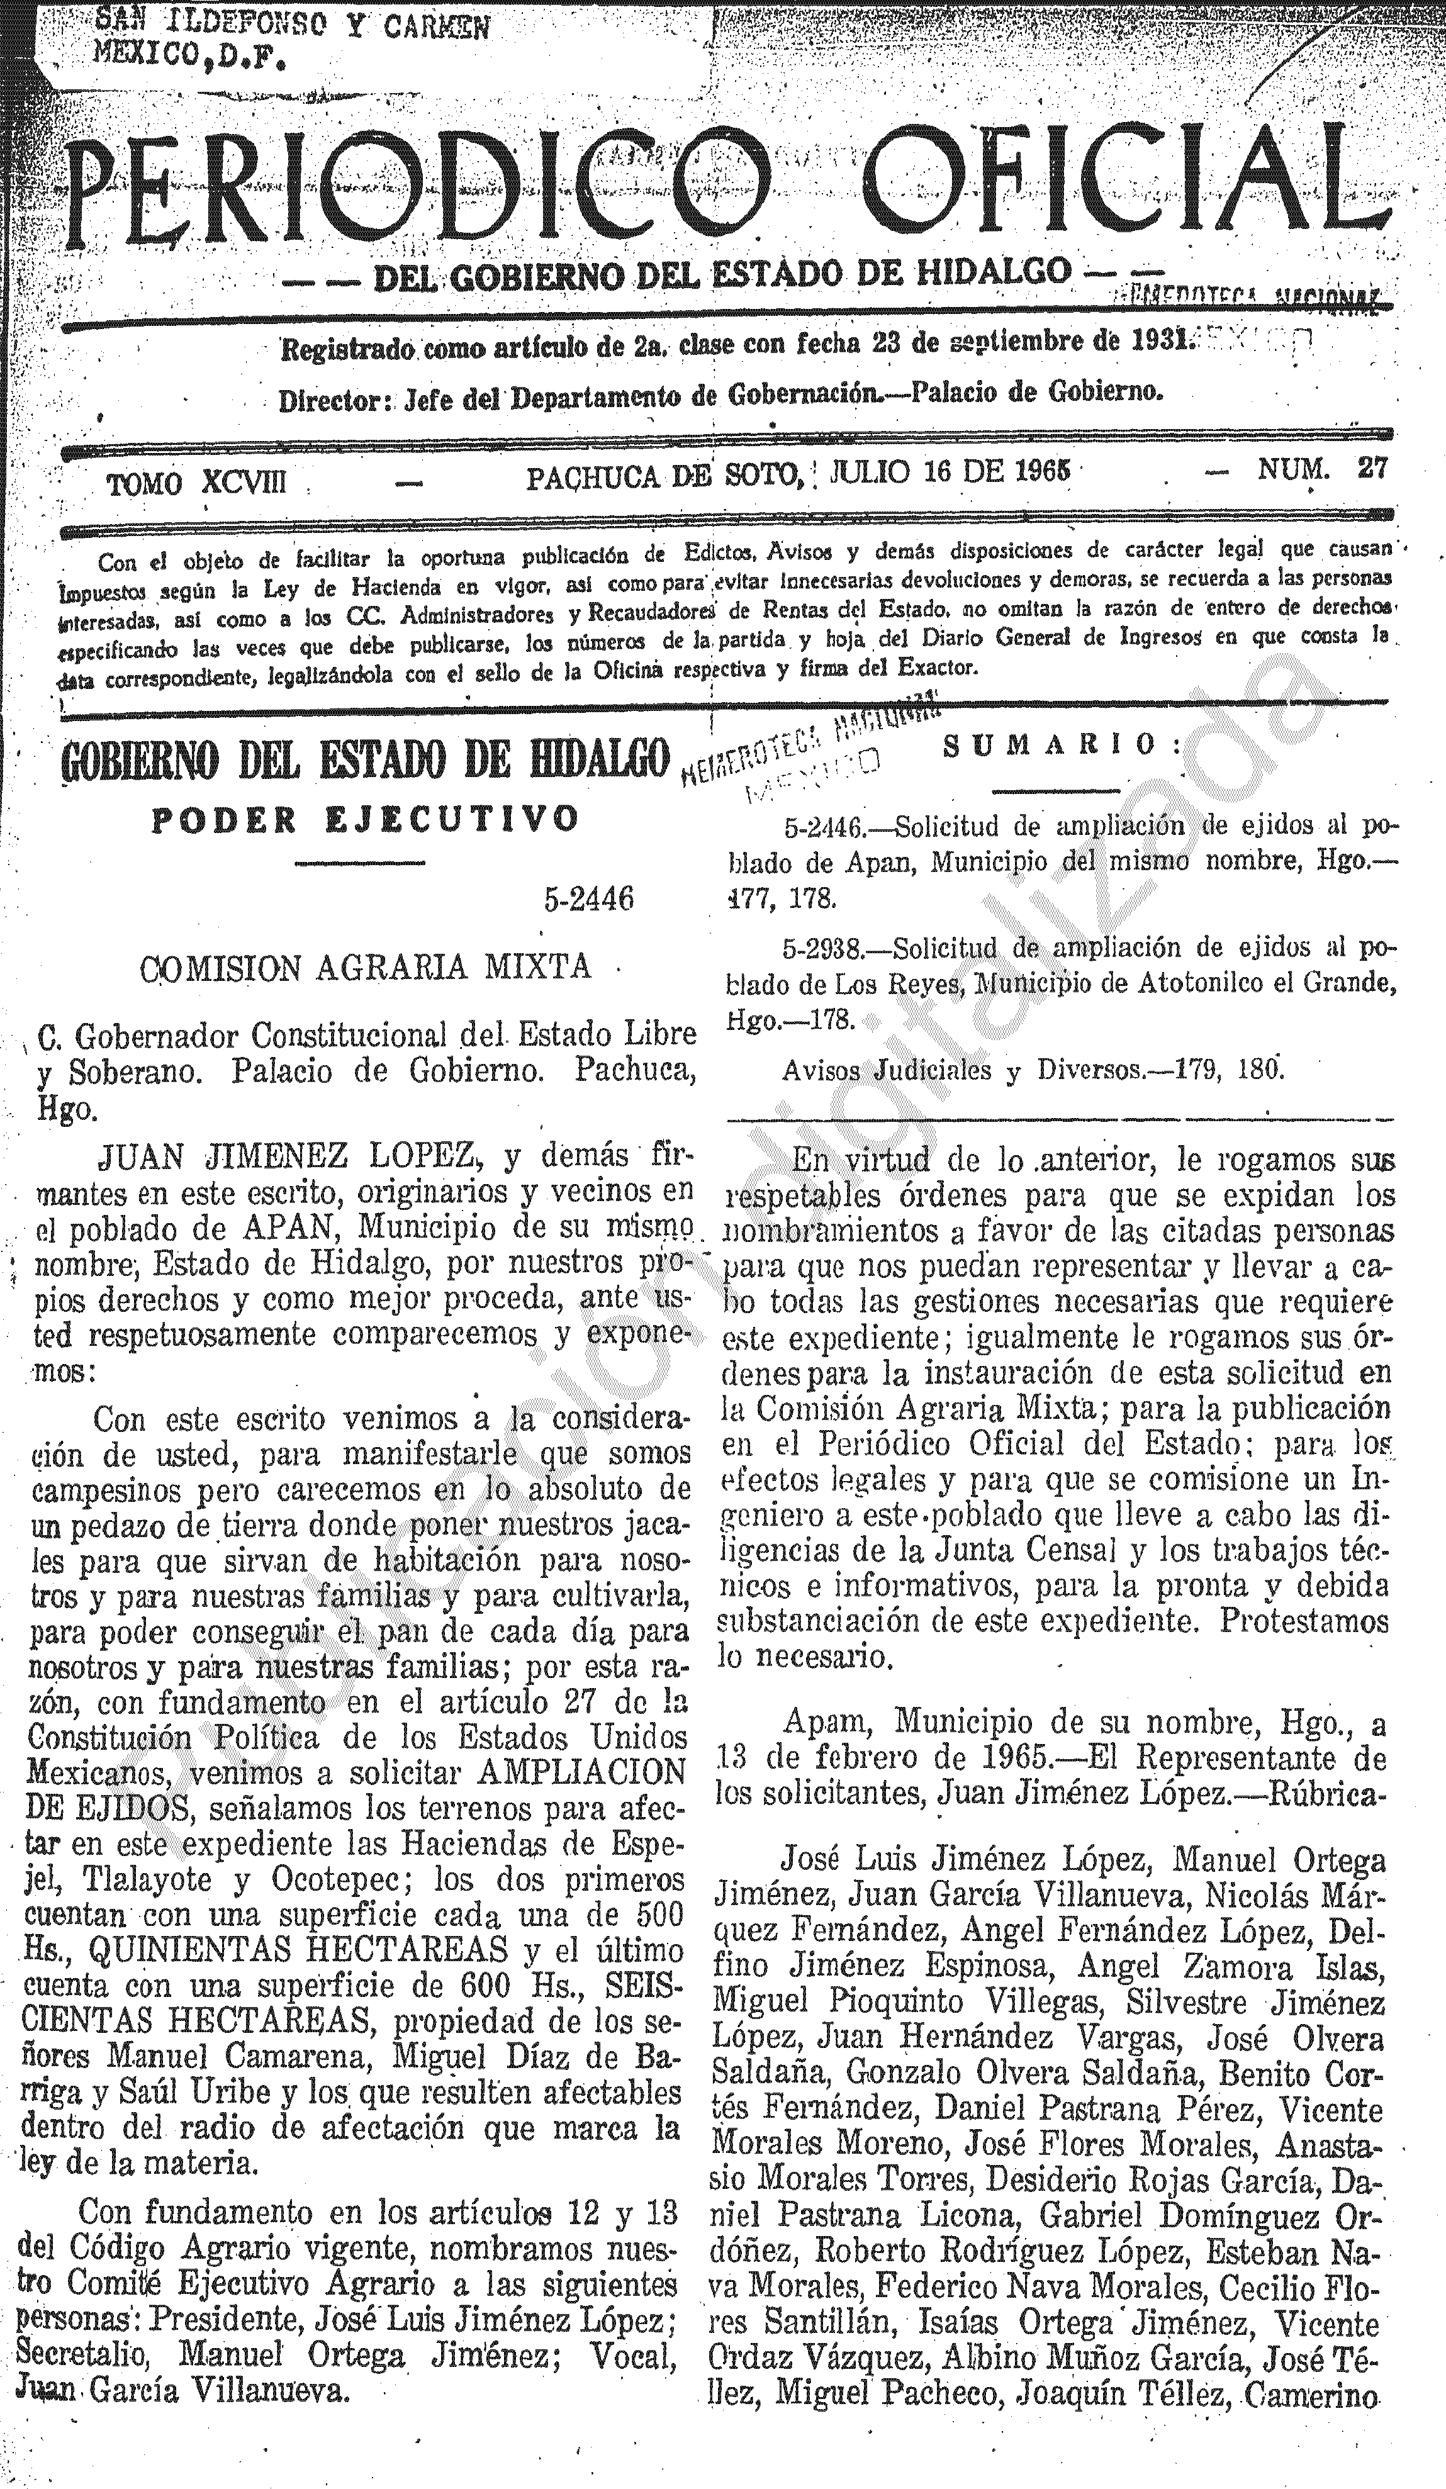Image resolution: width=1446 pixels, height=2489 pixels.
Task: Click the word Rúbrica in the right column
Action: tap(1319, 1793)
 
